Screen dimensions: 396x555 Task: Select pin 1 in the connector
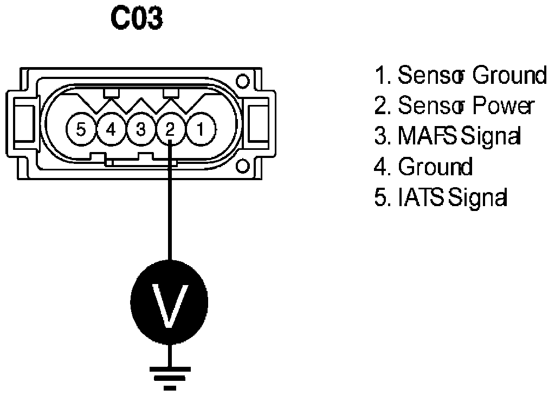coord(200,130)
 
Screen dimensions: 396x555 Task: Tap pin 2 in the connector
coord(170,130)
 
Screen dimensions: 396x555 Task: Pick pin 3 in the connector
coord(140,130)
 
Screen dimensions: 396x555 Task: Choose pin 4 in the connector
coord(111,130)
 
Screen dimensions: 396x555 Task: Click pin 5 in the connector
coord(81,130)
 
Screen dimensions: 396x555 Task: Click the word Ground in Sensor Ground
coord(509,76)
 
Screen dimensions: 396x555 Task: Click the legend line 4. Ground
coord(423,167)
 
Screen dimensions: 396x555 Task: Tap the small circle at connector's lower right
coord(243,165)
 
